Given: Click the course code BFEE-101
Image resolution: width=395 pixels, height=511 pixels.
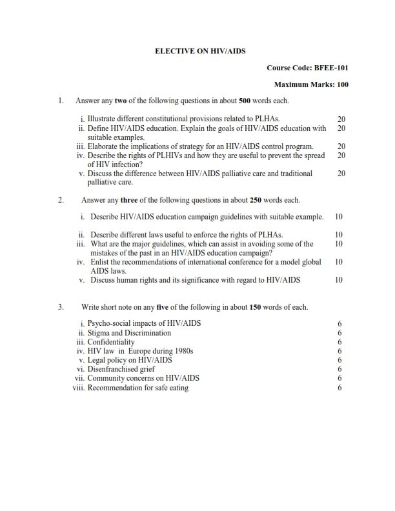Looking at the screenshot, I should (331, 67).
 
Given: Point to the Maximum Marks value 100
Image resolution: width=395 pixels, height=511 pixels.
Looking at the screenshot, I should (343, 85).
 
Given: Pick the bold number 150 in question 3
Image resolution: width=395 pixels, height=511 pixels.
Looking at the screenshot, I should (255, 307).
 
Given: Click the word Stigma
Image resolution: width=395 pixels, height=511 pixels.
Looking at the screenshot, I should (98, 333).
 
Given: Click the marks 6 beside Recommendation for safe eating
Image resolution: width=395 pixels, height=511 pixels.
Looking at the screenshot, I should (339, 388).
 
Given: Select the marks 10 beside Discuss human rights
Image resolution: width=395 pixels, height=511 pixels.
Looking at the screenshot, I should (339, 280).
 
